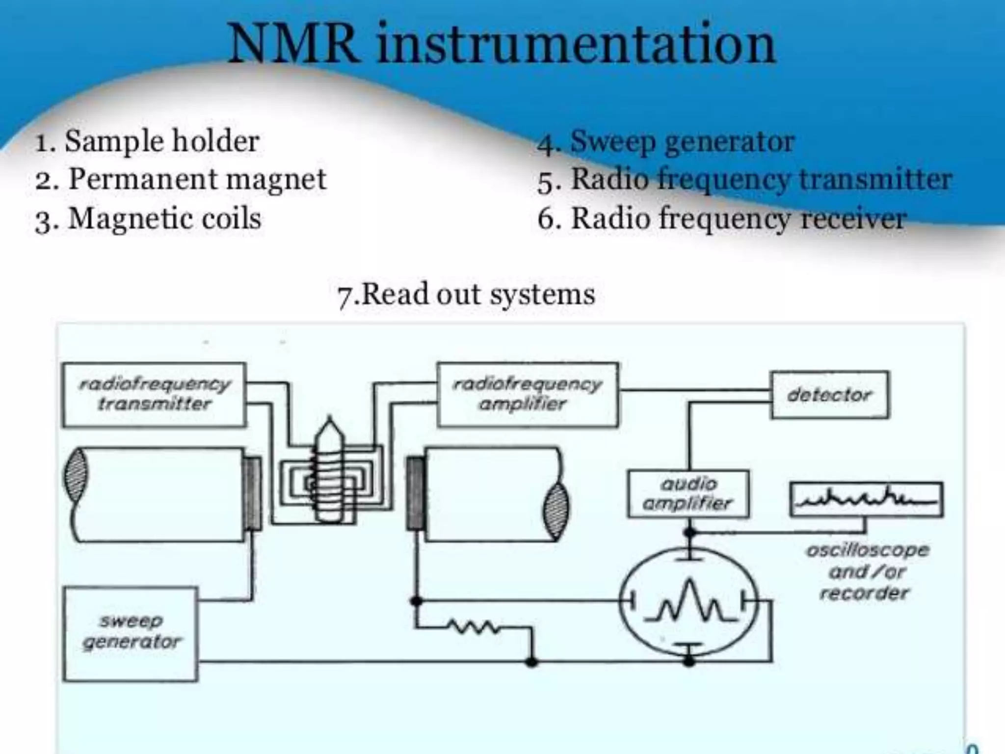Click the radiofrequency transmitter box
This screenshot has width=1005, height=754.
[x=154, y=394]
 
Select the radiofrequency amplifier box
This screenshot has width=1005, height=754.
[x=528, y=394]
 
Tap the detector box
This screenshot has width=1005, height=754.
[x=829, y=395]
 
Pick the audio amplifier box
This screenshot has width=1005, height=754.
[x=688, y=494]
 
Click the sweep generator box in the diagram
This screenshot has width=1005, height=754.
[x=131, y=633]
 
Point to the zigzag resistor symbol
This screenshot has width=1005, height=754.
[x=473, y=627]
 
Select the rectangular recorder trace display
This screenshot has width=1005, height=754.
[x=866, y=500]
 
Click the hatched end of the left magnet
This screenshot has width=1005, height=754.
[x=77, y=475]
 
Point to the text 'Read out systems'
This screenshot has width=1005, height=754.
[x=478, y=295]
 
